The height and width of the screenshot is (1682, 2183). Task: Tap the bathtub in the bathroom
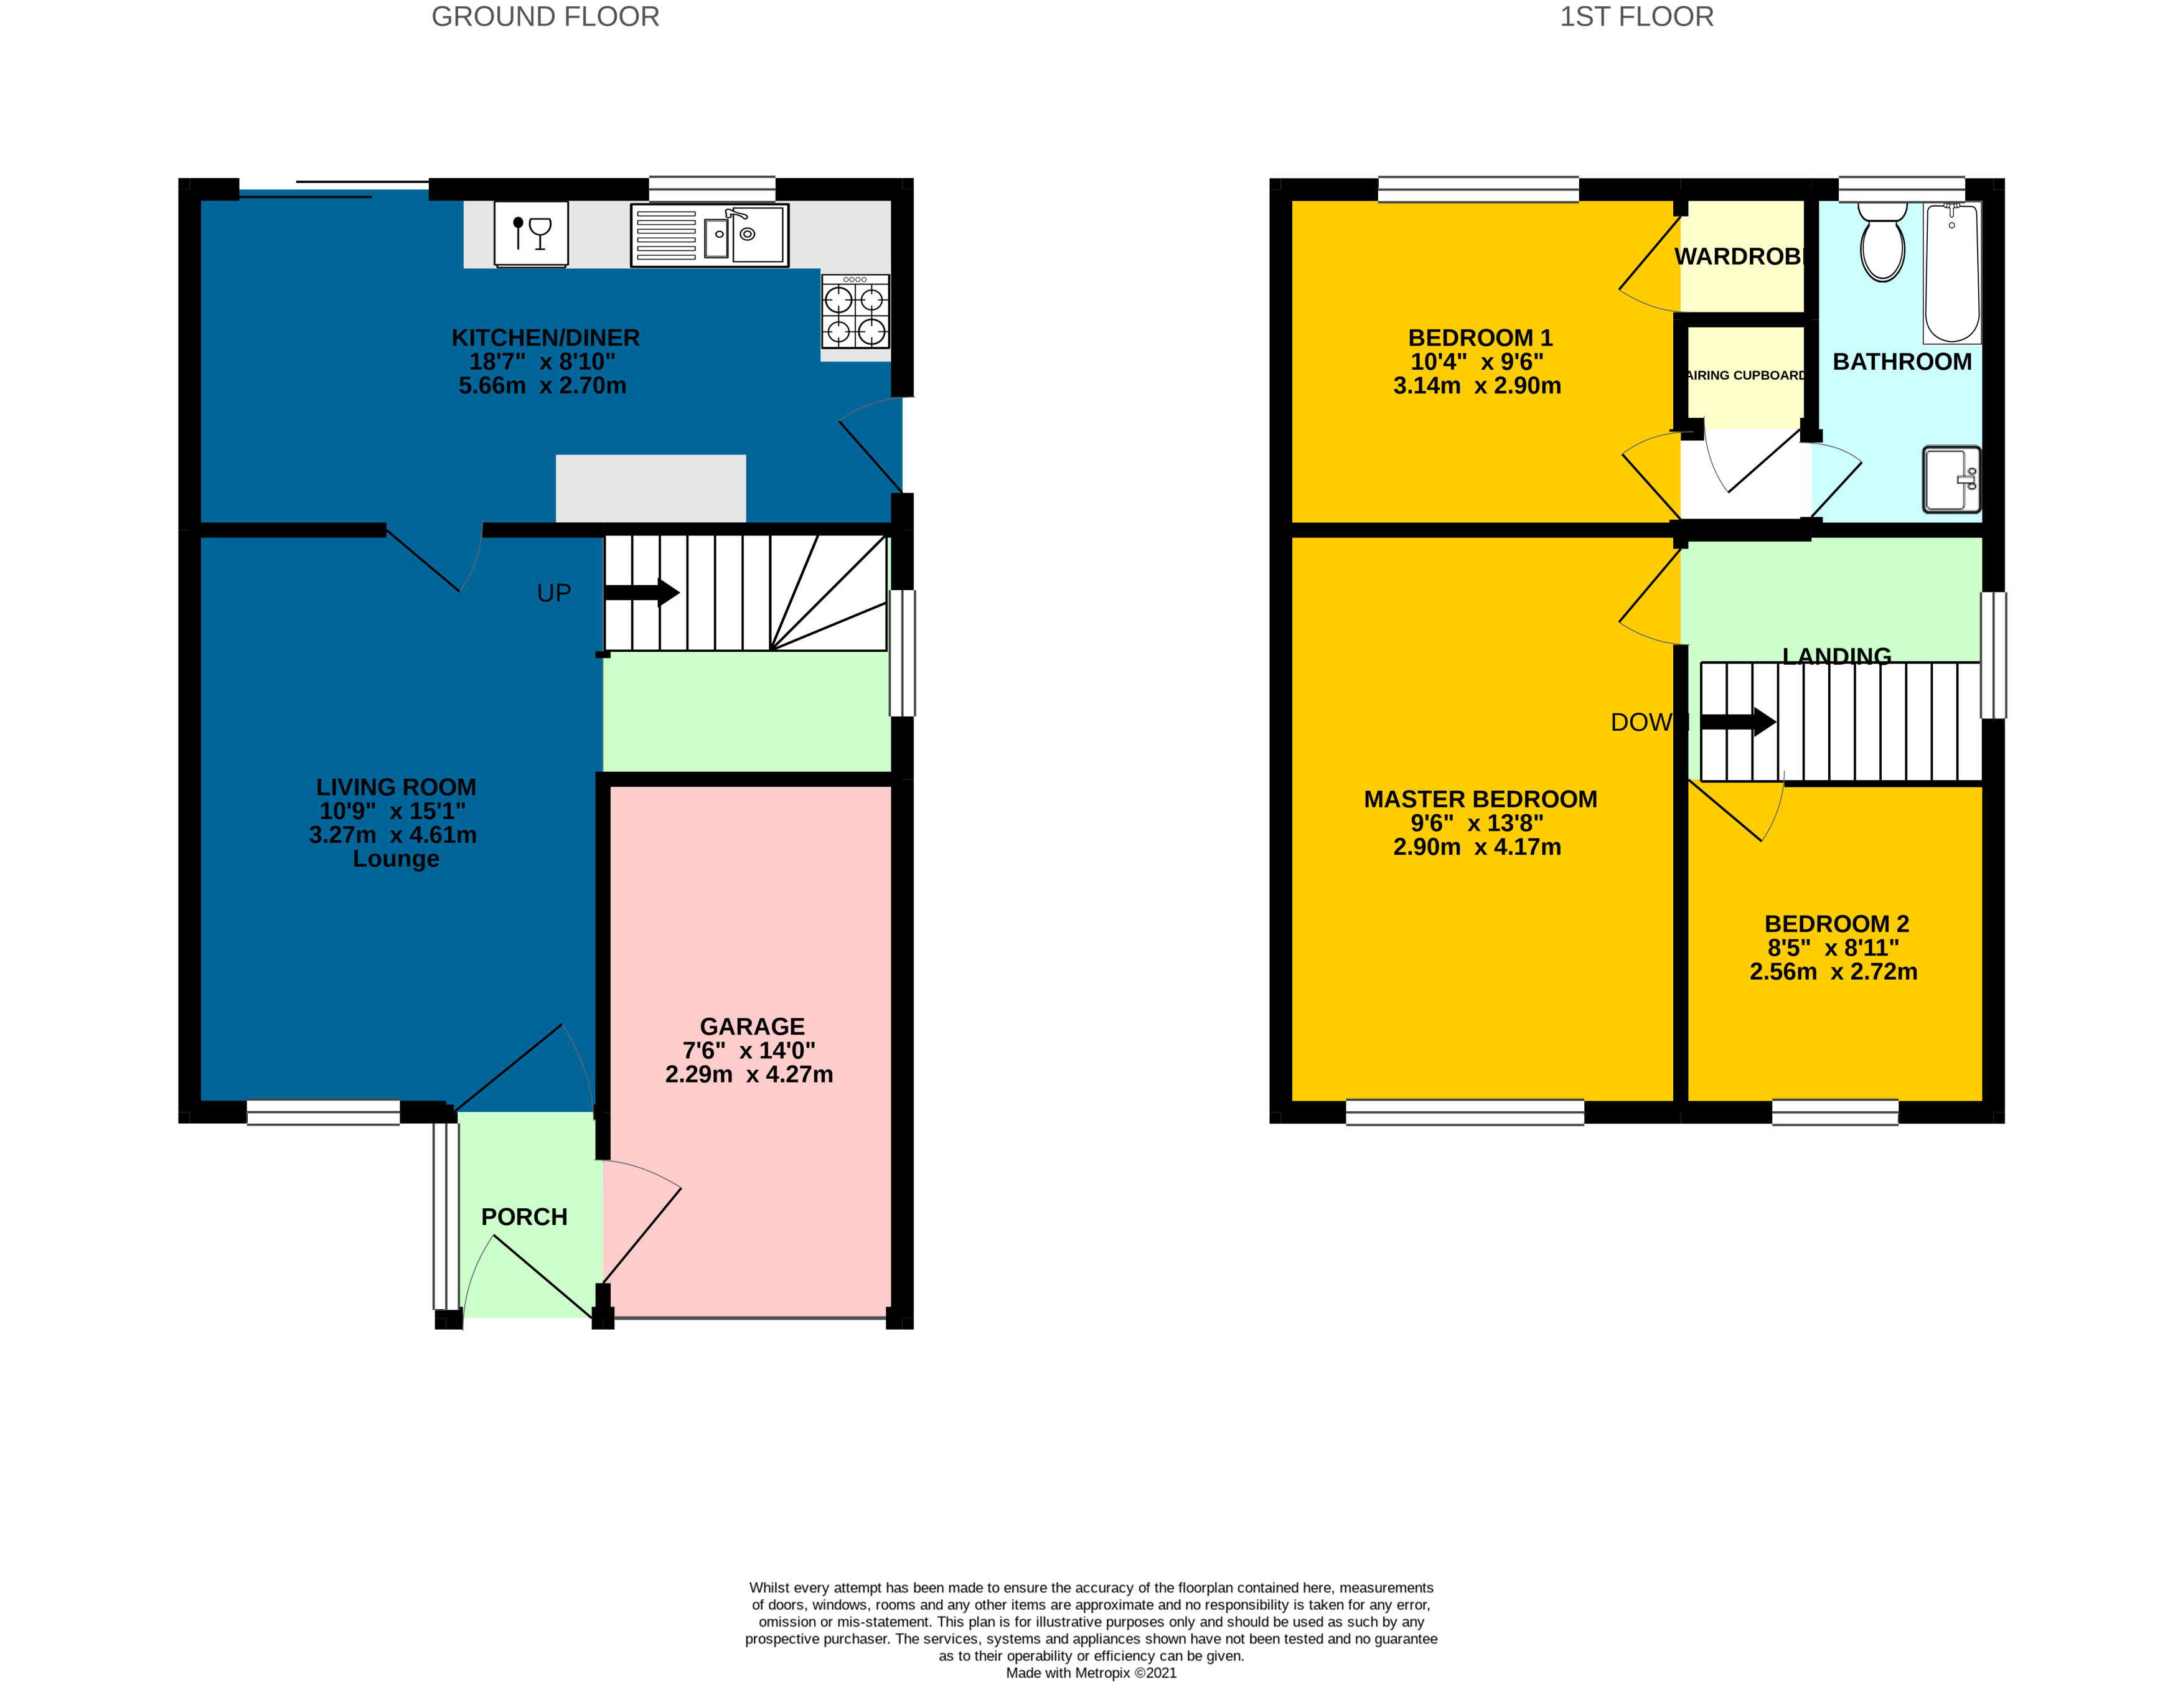[x=1951, y=273]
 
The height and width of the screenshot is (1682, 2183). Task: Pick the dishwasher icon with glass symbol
[x=531, y=235]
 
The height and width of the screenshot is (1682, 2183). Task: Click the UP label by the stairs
[x=554, y=593]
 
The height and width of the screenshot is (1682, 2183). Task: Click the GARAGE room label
[x=752, y=1027]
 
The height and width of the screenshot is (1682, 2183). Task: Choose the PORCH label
[x=523, y=1216]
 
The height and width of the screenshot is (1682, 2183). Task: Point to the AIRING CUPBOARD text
[x=1745, y=376]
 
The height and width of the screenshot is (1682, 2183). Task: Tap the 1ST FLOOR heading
[x=1636, y=17]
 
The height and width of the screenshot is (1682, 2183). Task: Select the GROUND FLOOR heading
[x=545, y=17]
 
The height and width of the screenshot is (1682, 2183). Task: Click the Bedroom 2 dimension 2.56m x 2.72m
[x=1833, y=972]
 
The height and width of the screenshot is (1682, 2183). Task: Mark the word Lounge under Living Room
[x=396, y=858]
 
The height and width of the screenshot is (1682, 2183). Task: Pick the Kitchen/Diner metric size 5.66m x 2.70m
[x=543, y=386]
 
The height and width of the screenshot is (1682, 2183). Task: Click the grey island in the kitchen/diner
[x=650, y=487]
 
